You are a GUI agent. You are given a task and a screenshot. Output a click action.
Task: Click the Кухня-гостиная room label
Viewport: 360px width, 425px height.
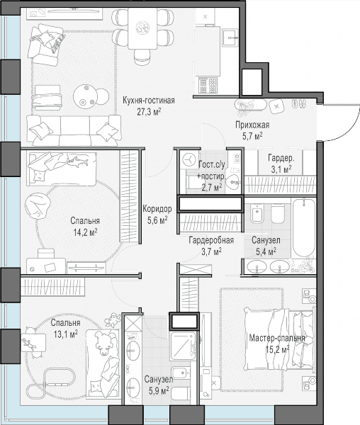pyautogui.click(x=149, y=101)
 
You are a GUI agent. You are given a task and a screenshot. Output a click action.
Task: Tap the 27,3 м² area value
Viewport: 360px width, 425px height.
pyautogui.click(x=149, y=112)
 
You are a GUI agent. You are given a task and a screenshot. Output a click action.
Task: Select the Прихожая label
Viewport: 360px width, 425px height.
pyautogui.click(x=252, y=125)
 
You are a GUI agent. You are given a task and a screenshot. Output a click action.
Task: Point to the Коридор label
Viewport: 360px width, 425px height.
pyautogui.click(x=157, y=209)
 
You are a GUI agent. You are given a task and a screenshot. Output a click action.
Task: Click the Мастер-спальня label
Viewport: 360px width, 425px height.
pyautogui.click(x=277, y=338)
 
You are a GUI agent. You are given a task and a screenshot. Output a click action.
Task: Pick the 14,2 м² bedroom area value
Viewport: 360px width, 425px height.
pyautogui.click(x=85, y=232)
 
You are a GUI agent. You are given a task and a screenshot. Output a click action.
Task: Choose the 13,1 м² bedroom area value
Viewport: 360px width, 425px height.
pyautogui.click(x=65, y=334)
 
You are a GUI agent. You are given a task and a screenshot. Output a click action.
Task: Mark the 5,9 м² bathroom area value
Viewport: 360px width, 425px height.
pyautogui.click(x=159, y=390)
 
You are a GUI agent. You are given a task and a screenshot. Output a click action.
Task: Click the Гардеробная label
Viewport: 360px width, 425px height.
pyautogui.click(x=211, y=240)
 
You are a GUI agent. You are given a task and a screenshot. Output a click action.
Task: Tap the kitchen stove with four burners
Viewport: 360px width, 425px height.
pyautogui.click(x=208, y=85)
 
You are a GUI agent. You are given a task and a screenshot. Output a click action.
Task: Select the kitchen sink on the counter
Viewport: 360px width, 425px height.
pyautogui.click(x=230, y=38)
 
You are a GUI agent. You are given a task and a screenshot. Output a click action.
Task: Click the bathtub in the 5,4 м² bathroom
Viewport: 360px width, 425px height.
pyautogui.click(x=303, y=227)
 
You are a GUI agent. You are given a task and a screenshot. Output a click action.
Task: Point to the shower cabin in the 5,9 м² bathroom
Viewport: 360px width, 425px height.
pyautogui.click(x=183, y=346)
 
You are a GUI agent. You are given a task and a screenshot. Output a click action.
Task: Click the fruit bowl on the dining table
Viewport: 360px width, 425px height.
pyautogui.click(x=142, y=27)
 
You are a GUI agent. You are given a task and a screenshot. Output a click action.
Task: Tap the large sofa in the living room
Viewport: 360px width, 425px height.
pyautogui.click(x=74, y=130)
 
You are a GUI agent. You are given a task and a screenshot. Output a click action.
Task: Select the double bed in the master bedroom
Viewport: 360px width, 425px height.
pyautogui.click(x=279, y=339)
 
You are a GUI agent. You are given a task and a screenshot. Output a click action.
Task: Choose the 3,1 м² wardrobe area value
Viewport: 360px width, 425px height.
pyautogui.click(x=281, y=170)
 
